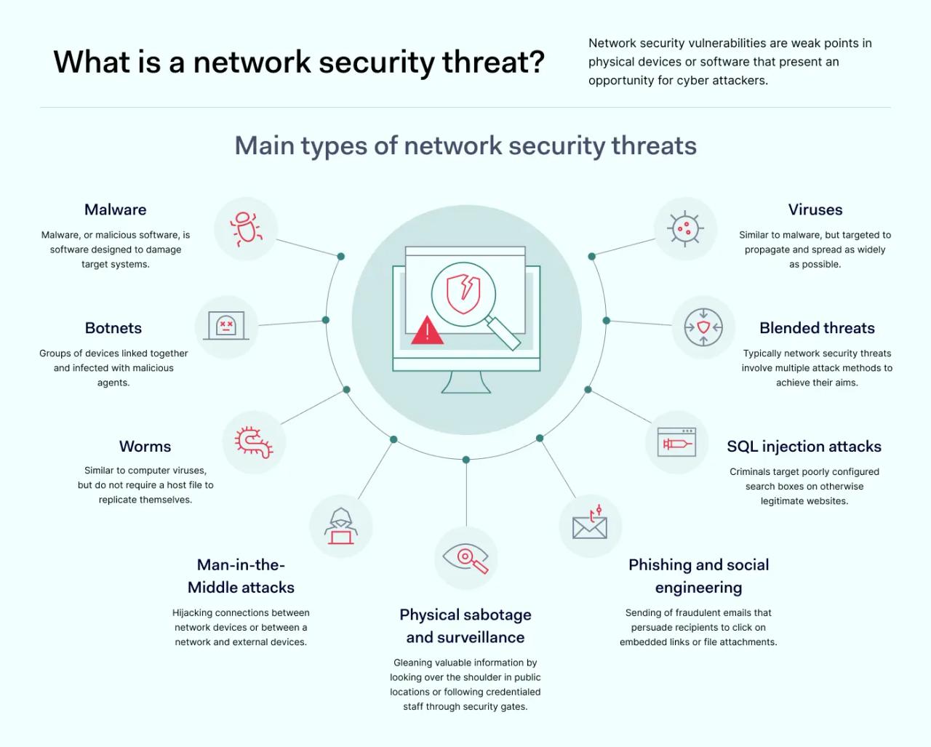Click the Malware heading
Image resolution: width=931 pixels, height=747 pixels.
pyautogui.click(x=115, y=209)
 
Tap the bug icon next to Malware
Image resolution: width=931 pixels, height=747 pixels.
pyautogui.click(x=246, y=228)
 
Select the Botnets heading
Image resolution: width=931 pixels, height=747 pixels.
pyautogui.click(x=113, y=328)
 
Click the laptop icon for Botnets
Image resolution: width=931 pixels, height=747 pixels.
pyautogui.click(x=226, y=326)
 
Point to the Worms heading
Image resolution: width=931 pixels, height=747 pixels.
pyautogui.click(x=145, y=447)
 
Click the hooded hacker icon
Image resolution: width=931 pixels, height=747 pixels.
pyautogui.click(x=340, y=527)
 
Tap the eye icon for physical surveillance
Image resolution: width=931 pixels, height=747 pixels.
pyautogui.click(x=465, y=559)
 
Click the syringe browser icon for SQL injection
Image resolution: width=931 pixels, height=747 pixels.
pyautogui.click(x=676, y=442)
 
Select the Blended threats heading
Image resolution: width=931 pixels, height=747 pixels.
pyautogui.click(x=817, y=328)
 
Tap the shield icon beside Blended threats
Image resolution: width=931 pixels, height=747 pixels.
pyautogui.click(x=703, y=327)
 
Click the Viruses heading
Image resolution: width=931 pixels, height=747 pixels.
pyautogui.click(x=815, y=209)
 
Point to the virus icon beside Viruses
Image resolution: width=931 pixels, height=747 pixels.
pyautogui.click(x=684, y=228)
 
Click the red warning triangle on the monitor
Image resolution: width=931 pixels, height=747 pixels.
pyautogui.click(x=427, y=331)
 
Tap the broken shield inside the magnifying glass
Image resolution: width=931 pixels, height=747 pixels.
pyautogui.click(x=463, y=293)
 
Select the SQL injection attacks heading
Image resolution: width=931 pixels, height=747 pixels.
pyautogui.click(x=804, y=447)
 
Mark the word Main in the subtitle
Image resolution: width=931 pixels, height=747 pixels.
pyautogui.click(x=264, y=145)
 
